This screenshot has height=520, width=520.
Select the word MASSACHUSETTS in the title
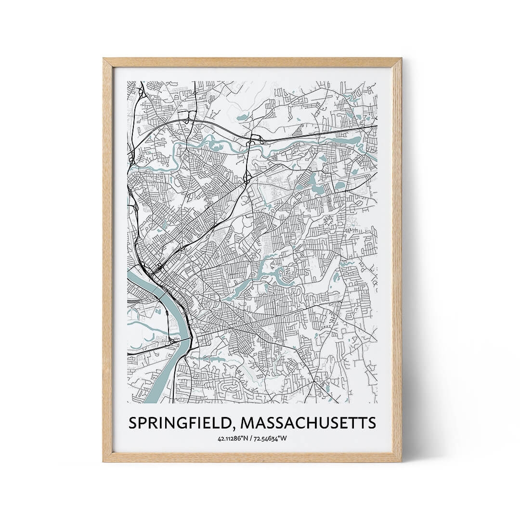(x=308, y=423)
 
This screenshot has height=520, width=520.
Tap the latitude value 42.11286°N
(x=234, y=438)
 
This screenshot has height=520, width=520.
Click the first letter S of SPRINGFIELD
(x=132, y=423)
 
